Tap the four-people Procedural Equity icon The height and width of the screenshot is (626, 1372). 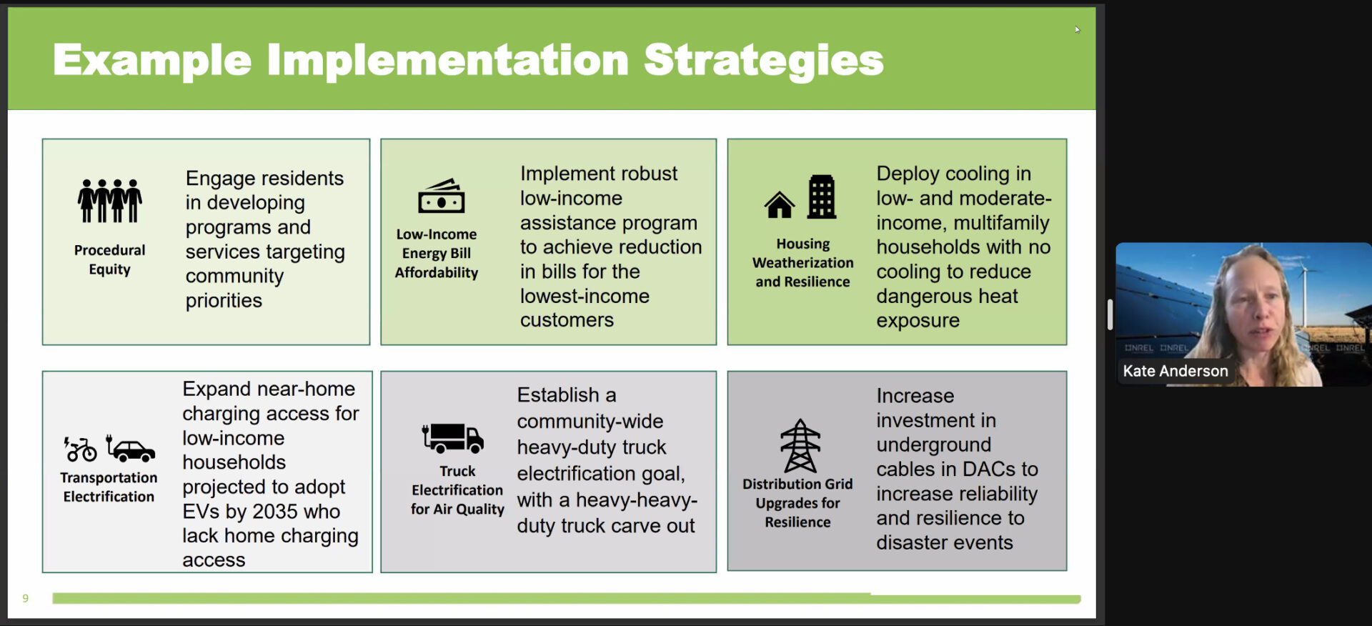(x=109, y=201)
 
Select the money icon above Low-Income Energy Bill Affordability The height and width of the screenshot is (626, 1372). (x=441, y=196)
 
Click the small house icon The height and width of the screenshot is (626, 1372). (x=779, y=205)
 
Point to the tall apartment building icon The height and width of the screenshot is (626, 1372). (x=821, y=197)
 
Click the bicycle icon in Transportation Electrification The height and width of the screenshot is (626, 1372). (x=80, y=449)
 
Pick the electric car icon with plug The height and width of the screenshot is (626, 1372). (x=130, y=448)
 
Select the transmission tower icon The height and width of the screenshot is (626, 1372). (x=800, y=446)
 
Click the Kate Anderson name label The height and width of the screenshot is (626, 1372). (x=1175, y=371)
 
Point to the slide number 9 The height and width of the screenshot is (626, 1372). (x=26, y=598)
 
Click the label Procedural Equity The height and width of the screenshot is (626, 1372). (x=109, y=259)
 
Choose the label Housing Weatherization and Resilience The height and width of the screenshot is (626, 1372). (x=802, y=263)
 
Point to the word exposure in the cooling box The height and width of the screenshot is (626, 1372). (x=918, y=321)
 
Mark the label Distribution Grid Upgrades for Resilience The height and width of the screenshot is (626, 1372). (x=797, y=503)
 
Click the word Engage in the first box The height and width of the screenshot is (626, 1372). (x=220, y=179)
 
